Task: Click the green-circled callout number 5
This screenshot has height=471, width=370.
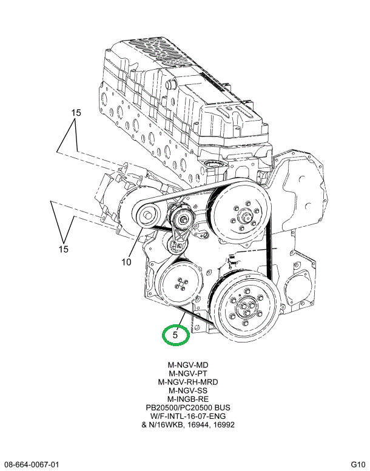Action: click(175, 335)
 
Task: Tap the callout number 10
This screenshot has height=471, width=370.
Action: click(127, 262)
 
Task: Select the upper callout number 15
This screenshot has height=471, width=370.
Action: click(76, 113)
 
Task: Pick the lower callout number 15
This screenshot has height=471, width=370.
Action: click(64, 249)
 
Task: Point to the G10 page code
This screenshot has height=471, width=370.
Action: click(358, 464)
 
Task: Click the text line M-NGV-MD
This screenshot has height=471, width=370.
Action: click(188, 366)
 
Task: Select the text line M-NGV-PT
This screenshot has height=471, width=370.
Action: click(188, 373)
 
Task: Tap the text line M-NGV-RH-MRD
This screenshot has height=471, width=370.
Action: click(188, 382)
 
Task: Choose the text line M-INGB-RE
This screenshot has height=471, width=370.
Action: click(188, 399)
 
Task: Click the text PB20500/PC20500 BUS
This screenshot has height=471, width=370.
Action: click(188, 408)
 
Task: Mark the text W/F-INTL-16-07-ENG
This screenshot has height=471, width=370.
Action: click(188, 416)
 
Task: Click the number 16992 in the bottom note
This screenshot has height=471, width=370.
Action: click(224, 425)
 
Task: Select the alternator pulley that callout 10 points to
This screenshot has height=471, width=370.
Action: click(147, 215)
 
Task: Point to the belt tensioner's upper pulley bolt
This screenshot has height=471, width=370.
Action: click(183, 219)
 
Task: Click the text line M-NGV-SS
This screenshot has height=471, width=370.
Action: click(188, 391)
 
